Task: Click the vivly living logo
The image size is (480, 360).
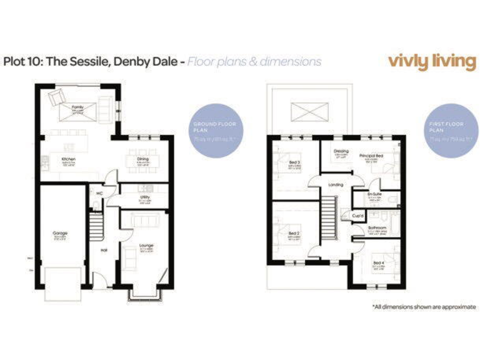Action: [431, 61]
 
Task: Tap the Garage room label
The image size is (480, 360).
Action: [60, 233]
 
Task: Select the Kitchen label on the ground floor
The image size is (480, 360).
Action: [69, 159]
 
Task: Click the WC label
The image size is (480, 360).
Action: [98, 194]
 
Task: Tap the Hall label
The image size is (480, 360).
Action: [104, 251]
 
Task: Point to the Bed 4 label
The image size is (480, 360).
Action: [379, 262]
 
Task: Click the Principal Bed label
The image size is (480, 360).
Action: [371, 154]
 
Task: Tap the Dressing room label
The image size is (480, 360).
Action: [341, 151]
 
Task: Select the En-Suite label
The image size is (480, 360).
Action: [375, 194]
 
